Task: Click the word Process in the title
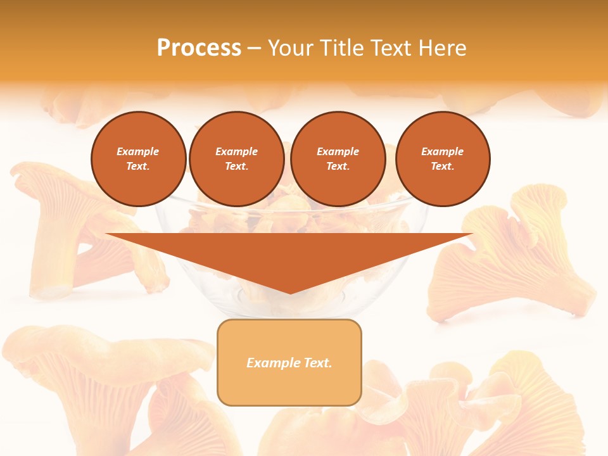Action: pyautogui.click(x=199, y=47)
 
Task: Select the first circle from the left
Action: pyautogui.click(x=138, y=158)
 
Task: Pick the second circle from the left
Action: pyautogui.click(x=236, y=158)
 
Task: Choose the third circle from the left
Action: pyautogui.click(x=338, y=158)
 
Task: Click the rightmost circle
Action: pyautogui.click(x=442, y=158)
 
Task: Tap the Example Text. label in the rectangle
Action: pyautogui.click(x=289, y=363)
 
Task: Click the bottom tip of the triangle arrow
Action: pyautogui.click(x=290, y=293)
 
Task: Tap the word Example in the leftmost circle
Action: pyautogui.click(x=138, y=151)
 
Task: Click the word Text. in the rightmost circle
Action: pyautogui.click(x=442, y=166)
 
